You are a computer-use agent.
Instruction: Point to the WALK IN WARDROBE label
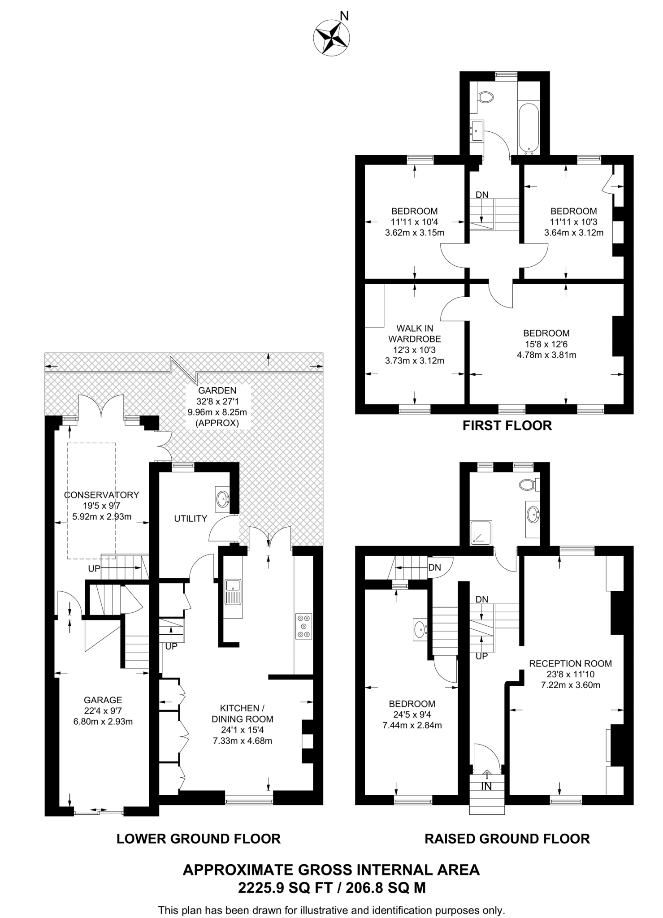pyautogui.click(x=414, y=333)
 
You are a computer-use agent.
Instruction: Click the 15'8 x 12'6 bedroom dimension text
pyautogui.click(x=546, y=344)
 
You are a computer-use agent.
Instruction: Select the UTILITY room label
pyautogui.click(x=191, y=519)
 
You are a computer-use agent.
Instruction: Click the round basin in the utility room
pyautogui.click(x=222, y=498)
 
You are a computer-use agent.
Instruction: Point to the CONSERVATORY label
pyautogui.click(x=102, y=495)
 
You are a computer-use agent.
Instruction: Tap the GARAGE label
pyautogui.click(x=103, y=700)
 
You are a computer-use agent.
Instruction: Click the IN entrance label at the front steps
pyautogui.click(x=486, y=786)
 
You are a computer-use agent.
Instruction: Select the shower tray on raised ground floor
pyautogui.click(x=481, y=533)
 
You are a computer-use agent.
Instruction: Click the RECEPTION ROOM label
pyautogui.click(x=570, y=663)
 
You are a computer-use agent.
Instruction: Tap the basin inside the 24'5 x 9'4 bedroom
pyautogui.click(x=420, y=629)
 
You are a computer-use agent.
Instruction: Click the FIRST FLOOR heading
pyautogui.click(x=507, y=425)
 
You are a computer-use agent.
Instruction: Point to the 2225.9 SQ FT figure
pyautogui.click(x=288, y=888)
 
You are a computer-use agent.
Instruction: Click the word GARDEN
pyautogui.click(x=217, y=391)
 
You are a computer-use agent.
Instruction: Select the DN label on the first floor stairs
pyautogui.click(x=482, y=195)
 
